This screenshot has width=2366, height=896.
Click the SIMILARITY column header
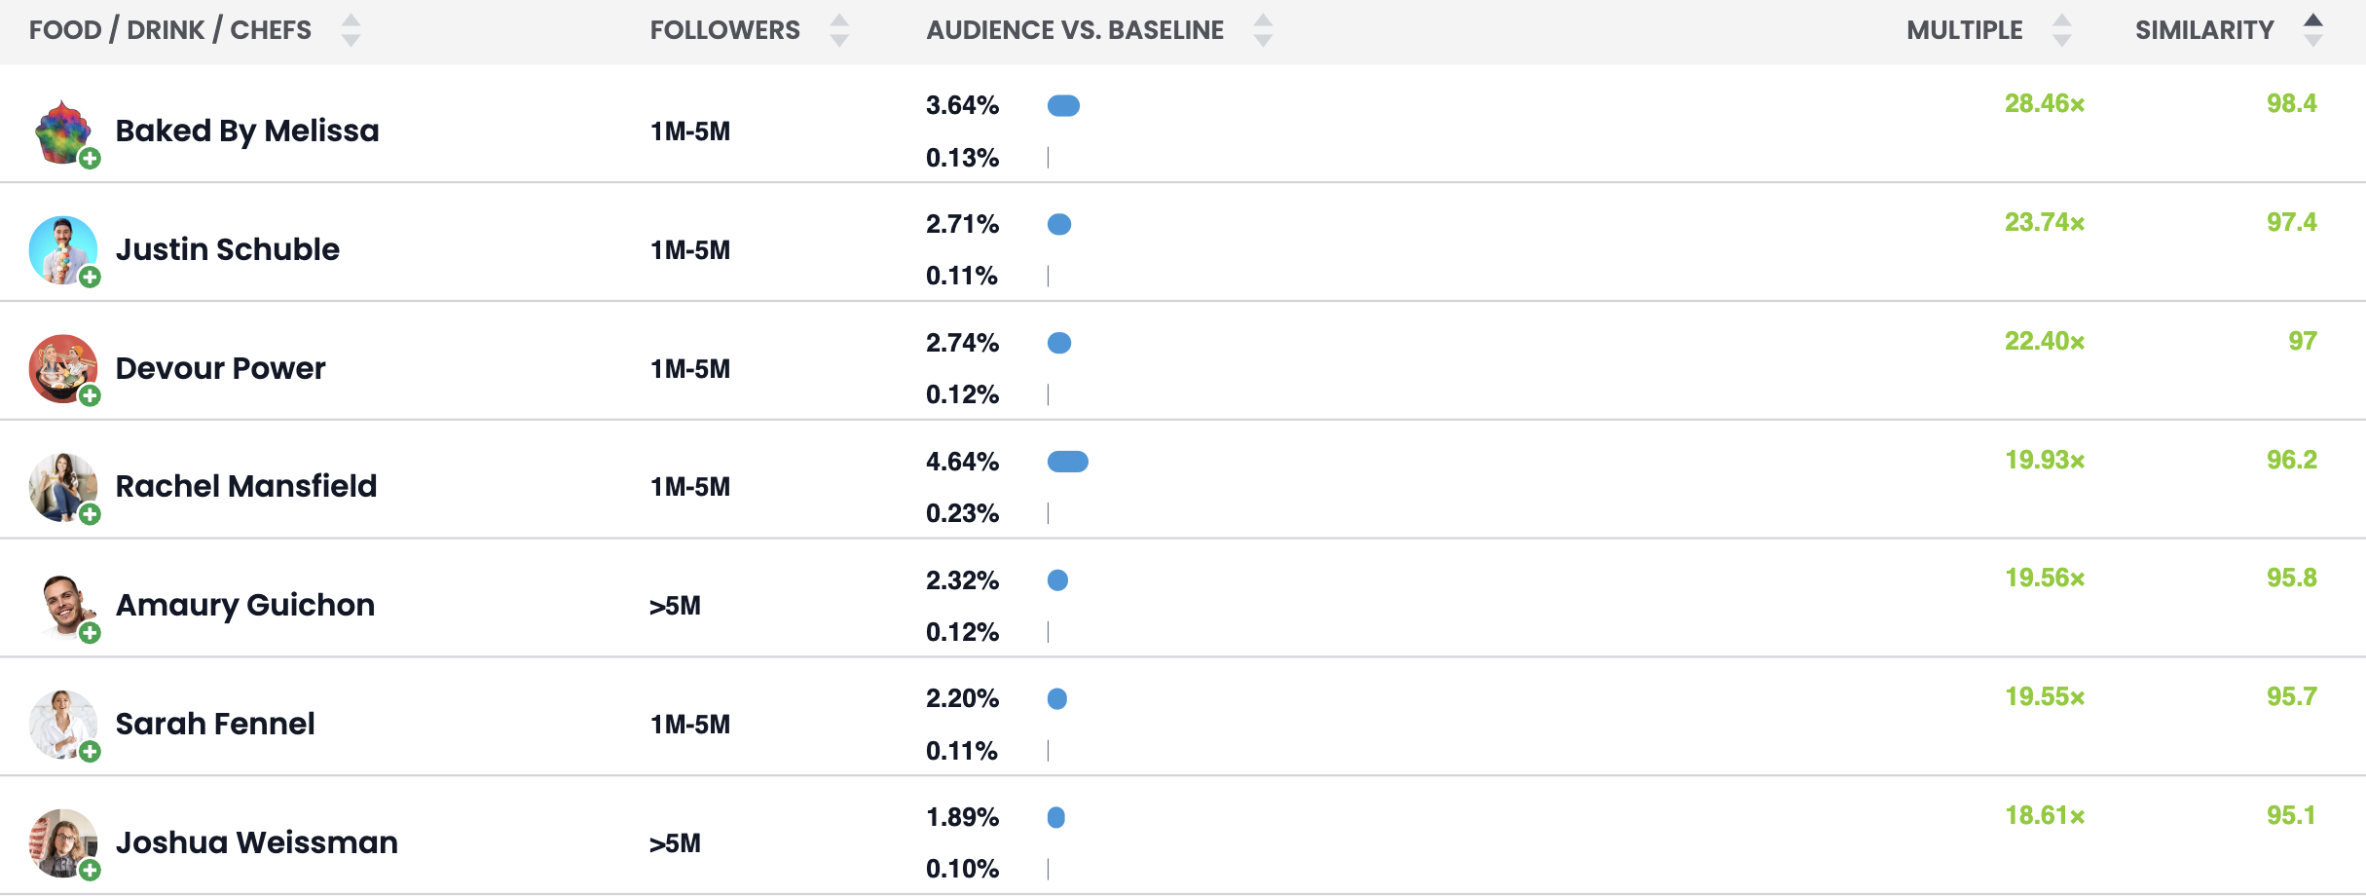coord(2204,30)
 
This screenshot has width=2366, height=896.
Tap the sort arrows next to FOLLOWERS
coord(838,30)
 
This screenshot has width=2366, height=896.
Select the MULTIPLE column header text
coord(1964,30)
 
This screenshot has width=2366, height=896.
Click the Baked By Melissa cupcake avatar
coord(62,131)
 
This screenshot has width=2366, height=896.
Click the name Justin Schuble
coord(227,249)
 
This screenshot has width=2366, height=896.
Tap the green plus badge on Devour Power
coord(90,395)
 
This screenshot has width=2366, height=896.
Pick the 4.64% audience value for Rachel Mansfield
coord(962,462)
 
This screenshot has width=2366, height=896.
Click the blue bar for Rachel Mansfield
coord(1067,462)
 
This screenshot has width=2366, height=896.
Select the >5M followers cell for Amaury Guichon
coord(675,606)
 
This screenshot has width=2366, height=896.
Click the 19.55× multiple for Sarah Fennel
coord(2044,697)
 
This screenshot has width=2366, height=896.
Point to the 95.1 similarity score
coord(2290,815)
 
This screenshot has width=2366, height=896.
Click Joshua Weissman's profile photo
coord(62,842)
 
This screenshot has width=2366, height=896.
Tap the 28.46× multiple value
coord(2044,104)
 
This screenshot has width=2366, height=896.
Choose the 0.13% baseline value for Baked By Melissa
coord(962,158)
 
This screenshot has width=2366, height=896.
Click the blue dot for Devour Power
coord(1059,343)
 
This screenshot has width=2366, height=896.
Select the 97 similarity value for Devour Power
coord(2302,341)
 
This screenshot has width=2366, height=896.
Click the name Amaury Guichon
coord(244,605)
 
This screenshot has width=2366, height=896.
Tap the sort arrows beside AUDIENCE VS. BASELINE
coord(1262,30)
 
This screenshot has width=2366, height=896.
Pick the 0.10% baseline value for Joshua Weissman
coord(962,869)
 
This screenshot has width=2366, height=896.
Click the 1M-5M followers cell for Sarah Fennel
coord(689,725)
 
